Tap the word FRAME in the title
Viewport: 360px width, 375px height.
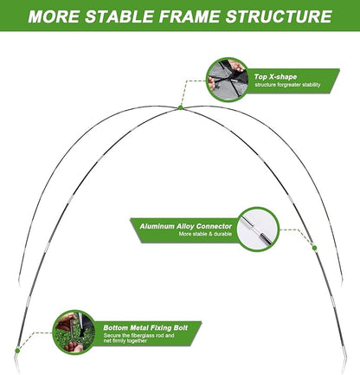click(190, 16)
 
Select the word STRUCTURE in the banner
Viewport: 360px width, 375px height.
click(279, 16)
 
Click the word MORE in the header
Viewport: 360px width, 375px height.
click(55, 16)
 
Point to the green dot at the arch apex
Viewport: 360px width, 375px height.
click(181, 107)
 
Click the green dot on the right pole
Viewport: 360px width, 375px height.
click(314, 248)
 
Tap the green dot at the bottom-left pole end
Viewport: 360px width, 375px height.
click(17, 351)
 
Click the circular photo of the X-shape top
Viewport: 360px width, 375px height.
click(228, 80)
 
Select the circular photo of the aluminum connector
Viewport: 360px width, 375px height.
click(258, 229)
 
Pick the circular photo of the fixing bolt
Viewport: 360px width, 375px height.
click(74, 332)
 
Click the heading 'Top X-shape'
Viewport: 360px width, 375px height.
click(275, 77)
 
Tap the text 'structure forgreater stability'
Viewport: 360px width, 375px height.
click(287, 85)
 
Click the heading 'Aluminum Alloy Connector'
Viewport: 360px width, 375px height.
click(185, 226)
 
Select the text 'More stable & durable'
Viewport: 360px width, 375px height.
click(205, 234)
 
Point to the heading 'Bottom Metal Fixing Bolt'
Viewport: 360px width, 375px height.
click(145, 327)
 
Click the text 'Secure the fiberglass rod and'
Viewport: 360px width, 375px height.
click(138, 335)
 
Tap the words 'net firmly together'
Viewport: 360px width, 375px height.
click(125, 340)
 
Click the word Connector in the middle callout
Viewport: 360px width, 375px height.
click(214, 226)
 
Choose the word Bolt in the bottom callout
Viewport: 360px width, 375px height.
click(181, 327)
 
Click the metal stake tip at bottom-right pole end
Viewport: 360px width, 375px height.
click(344, 372)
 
